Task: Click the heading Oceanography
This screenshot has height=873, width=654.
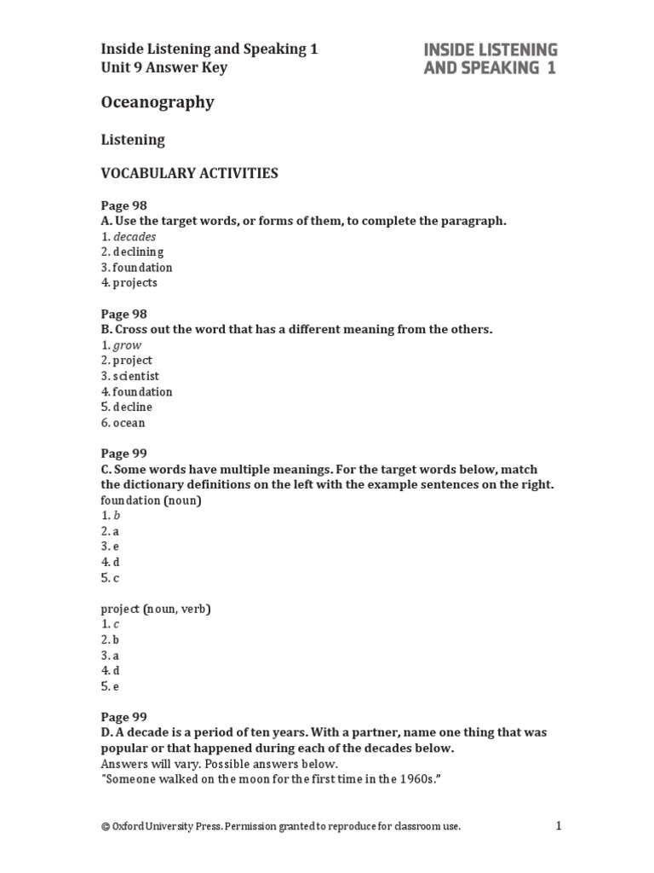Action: tap(158, 102)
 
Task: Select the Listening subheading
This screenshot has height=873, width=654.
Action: tap(133, 139)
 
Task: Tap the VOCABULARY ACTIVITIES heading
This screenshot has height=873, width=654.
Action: tap(189, 173)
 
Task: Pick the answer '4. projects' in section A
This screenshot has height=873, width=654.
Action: tap(129, 283)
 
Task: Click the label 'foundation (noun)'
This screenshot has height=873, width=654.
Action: tap(151, 500)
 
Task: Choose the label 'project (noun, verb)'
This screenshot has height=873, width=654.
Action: tap(156, 609)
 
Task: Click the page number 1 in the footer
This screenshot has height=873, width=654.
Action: tap(559, 825)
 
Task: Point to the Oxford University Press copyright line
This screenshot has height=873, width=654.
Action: tap(280, 826)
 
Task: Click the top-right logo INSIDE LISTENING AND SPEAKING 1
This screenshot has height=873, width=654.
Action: tap(490, 59)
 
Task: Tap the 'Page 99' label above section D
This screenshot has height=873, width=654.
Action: tap(124, 718)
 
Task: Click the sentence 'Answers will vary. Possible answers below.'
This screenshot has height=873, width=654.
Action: tap(219, 764)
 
